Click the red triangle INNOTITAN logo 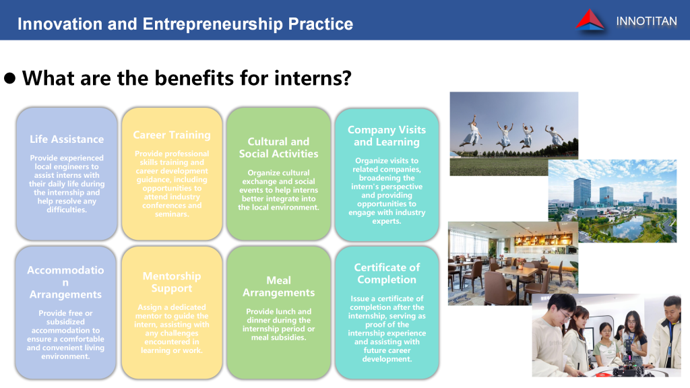tap(590, 20)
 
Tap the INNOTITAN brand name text tap(646, 21)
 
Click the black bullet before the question tap(9, 78)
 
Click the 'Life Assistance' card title tap(67, 139)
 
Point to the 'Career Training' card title tap(172, 135)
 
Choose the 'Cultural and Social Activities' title tap(278, 148)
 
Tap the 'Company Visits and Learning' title tap(387, 135)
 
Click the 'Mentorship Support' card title tap(172, 282)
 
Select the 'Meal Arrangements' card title tap(278, 286)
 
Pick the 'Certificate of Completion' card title tap(387, 273)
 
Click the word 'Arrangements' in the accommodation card tap(65, 294)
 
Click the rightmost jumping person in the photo tap(553, 135)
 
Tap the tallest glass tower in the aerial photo tap(582, 193)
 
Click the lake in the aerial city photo tap(627, 226)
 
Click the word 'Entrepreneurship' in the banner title tap(212, 24)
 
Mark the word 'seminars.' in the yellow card tap(172, 214)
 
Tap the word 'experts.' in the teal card tap(387, 221)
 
